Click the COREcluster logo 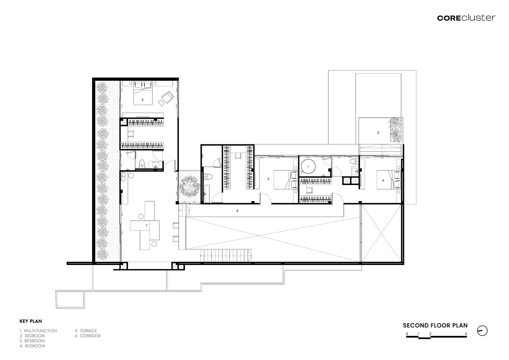pyautogui.click(x=466, y=18)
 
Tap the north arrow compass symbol pyautogui.click(x=482, y=331)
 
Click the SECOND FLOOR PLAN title pyautogui.click(x=435, y=325)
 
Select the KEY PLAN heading pyautogui.click(x=31, y=321)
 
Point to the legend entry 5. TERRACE pyautogui.click(x=86, y=331)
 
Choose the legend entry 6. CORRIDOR pyautogui.click(x=88, y=336)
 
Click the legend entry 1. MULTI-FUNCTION pyautogui.click(x=38, y=331)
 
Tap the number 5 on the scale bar pyautogui.click(x=466, y=334)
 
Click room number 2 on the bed pyautogui.click(x=142, y=100)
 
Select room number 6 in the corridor pyautogui.click(x=237, y=211)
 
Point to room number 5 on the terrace pyautogui.click(x=378, y=132)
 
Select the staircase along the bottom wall pyautogui.click(x=226, y=256)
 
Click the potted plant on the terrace pyautogui.click(x=396, y=130)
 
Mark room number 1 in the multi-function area pyautogui.click(x=146, y=226)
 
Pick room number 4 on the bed pyautogui.click(x=383, y=180)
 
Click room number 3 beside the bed pyautogui.click(x=268, y=179)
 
